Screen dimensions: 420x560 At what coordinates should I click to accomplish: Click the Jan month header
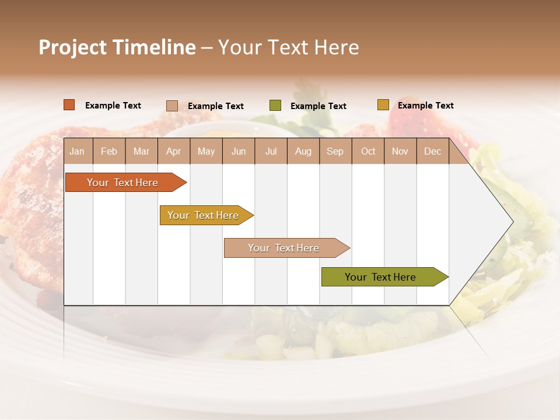coord(77,152)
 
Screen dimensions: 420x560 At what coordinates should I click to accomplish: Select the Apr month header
coord(173,152)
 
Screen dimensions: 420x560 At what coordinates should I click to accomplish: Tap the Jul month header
coord(271,152)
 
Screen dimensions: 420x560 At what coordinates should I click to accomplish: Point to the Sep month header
coord(335,152)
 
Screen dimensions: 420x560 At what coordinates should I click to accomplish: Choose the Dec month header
coord(432,152)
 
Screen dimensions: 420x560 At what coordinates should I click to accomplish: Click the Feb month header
coord(109,152)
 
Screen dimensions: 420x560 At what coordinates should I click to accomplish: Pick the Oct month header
coord(368,152)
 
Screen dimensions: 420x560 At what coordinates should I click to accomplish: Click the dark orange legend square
coord(69,105)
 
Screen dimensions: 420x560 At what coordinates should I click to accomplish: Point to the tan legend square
coord(172,106)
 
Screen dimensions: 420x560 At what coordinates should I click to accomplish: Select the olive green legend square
coord(275,106)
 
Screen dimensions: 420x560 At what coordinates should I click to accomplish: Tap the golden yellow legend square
coord(383,105)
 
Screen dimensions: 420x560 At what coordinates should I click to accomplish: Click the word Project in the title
coord(72,47)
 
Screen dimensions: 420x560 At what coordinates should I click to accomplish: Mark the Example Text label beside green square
coord(318,106)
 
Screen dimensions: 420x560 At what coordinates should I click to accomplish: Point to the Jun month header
coord(239,152)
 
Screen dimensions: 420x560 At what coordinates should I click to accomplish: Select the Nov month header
coord(400,152)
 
